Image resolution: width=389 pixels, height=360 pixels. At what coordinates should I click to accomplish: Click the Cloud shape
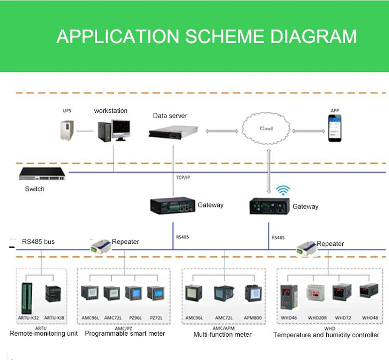[x=265, y=129]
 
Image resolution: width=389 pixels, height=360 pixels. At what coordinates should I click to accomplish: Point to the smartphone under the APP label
[x=334, y=128]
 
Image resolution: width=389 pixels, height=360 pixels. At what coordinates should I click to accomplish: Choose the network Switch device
[x=43, y=174]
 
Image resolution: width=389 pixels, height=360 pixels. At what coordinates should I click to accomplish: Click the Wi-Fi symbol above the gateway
[x=282, y=189]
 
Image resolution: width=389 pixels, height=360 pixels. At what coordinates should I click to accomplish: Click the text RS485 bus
[x=38, y=241]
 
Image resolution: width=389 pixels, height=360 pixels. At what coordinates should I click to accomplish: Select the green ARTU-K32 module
[x=27, y=298]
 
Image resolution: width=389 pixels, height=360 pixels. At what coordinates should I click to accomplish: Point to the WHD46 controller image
[x=288, y=296]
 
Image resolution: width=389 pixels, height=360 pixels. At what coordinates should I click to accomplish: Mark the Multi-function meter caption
[x=223, y=334]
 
